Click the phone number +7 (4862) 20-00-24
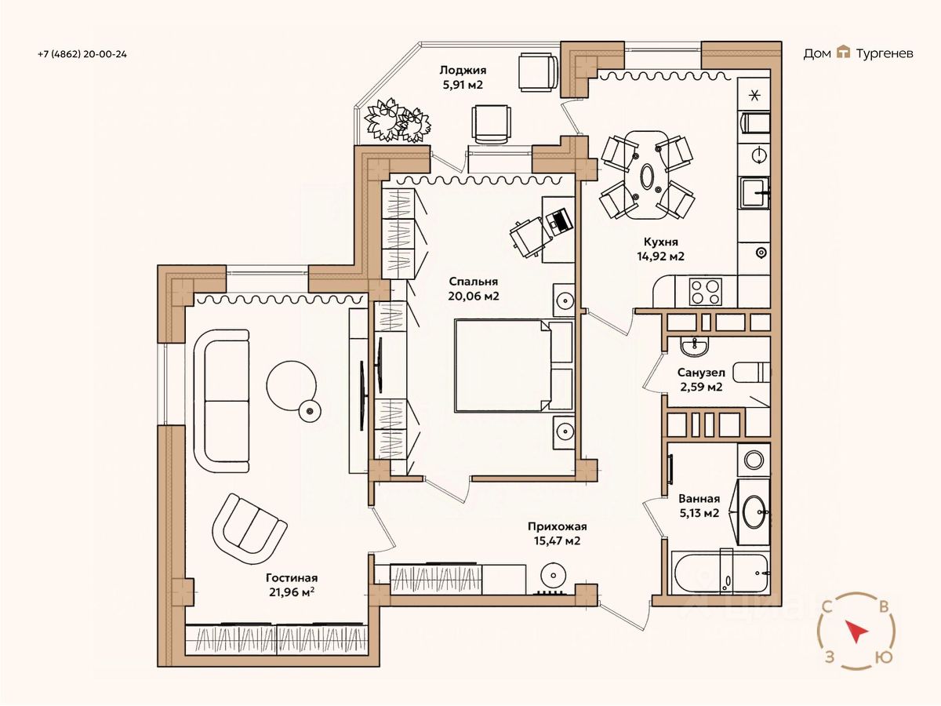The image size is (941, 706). [x=82, y=54]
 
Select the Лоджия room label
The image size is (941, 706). [x=463, y=71]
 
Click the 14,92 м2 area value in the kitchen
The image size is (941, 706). [x=660, y=257]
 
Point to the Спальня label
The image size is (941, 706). [x=474, y=282]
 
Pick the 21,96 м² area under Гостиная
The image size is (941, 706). [x=292, y=592]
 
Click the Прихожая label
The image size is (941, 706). [x=557, y=526]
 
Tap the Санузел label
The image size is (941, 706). [x=701, y=373]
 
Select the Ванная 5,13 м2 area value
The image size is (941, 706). [x=699, y=513]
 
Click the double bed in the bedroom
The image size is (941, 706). [x=514, y=366]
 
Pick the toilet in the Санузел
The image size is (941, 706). [x=751, y=372]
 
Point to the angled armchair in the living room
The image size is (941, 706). [x=249, y=529]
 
